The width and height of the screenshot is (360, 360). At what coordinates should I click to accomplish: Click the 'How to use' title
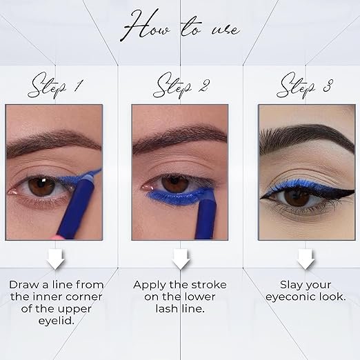[180, 26]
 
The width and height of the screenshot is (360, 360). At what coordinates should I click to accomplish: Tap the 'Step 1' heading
[54, 86]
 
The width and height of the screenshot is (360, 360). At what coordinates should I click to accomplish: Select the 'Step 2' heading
[181, 86]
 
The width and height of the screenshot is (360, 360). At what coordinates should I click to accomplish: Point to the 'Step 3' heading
[305, 86]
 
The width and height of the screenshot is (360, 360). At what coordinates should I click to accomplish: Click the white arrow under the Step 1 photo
[56, 259]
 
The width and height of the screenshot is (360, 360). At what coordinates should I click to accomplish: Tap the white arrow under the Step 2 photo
[181, 259]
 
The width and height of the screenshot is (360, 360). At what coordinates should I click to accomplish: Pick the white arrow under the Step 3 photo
[306, 259]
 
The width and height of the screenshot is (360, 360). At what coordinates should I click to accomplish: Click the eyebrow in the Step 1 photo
[53, 142]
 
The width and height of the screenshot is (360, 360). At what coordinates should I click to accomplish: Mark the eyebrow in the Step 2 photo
[179, 139]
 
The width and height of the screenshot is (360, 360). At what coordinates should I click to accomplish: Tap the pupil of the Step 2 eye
[175, 183]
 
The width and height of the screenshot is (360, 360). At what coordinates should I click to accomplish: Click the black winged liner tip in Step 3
[354, 190]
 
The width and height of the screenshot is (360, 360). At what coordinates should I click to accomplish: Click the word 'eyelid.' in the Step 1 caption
[57, 321]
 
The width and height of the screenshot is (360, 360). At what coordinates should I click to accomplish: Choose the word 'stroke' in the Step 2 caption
[209, 285]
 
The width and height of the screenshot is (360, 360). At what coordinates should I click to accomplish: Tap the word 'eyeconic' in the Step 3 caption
[290, 297]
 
